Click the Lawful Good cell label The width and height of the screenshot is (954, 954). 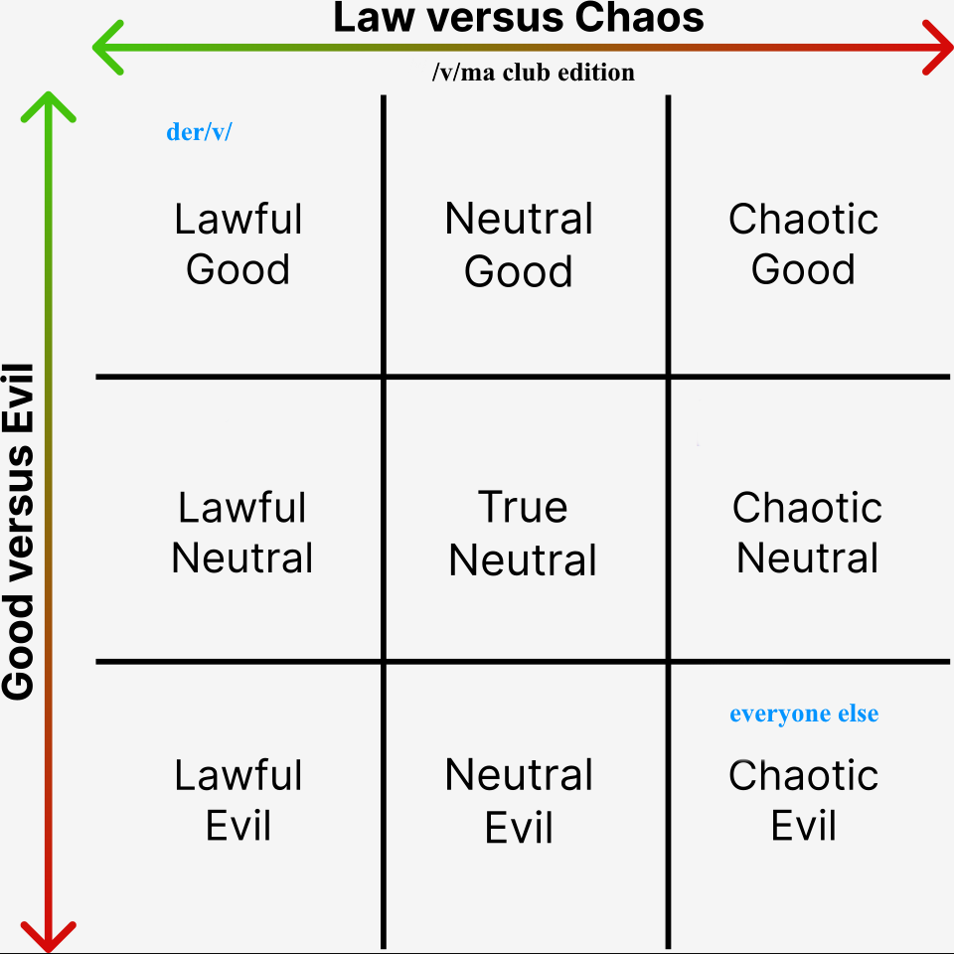point(238,244)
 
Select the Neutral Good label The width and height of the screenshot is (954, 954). point(519,244)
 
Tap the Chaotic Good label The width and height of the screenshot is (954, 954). point(803,244)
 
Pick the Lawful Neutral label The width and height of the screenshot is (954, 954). point(242,533)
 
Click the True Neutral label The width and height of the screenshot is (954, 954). point(523,534)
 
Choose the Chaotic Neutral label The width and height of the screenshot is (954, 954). point(807,533)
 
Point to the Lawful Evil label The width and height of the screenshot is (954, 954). point(238,800)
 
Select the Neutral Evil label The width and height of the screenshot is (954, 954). point(519,801)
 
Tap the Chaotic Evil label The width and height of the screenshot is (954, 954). point(803,800)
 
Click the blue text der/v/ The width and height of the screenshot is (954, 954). point(199,132)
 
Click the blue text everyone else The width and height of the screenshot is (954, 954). point(804,714)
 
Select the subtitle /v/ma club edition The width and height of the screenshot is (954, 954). point(533,73)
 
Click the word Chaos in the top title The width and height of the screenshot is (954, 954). point(639,17)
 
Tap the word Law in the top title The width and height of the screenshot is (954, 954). point(374,17)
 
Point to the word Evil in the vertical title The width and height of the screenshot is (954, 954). point(18,398)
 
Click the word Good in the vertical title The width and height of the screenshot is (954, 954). point(18,647)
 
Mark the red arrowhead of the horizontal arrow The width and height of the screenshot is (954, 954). point(937,48)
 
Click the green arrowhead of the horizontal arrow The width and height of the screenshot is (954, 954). point(108,48)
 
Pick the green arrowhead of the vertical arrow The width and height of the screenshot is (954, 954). point(48,107)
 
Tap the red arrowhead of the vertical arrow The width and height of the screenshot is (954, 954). point(48,937)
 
